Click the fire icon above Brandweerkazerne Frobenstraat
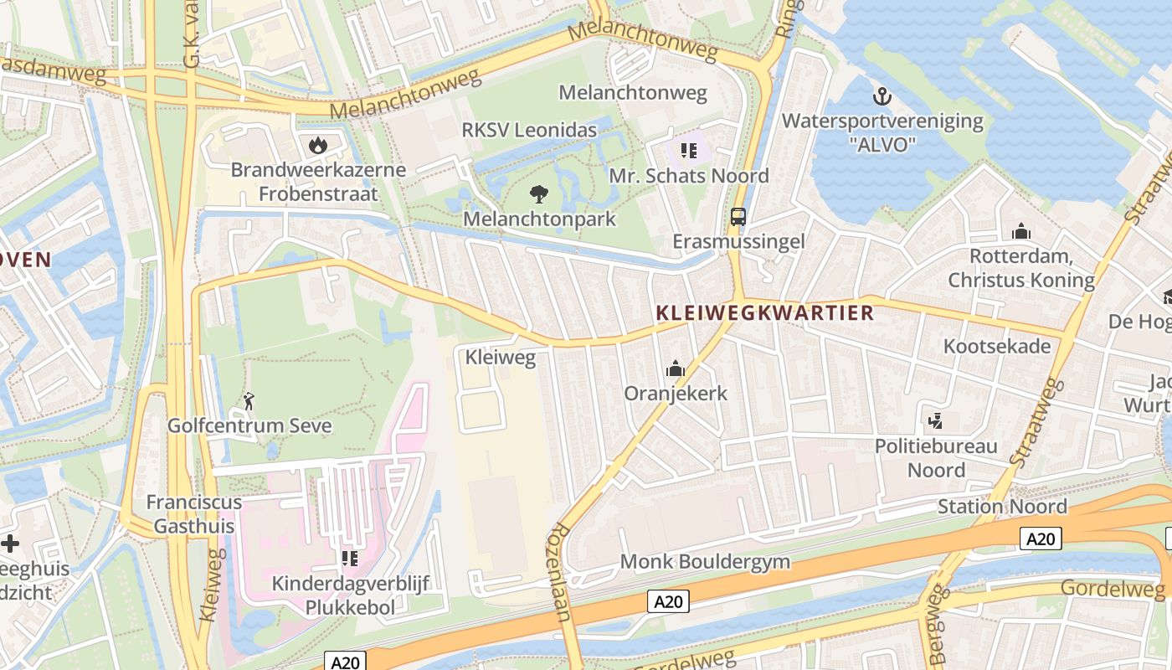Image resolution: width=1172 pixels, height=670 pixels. tap(317, 145)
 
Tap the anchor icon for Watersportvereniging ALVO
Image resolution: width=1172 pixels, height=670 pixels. tap(882, 97)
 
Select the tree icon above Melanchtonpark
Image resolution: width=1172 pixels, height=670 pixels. tap(540, 195)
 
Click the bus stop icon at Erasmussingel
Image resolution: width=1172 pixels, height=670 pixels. tap(738, 217)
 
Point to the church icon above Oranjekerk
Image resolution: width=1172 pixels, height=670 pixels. tap(676, 368)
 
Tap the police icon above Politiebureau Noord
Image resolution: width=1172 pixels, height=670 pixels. tap(936, 420)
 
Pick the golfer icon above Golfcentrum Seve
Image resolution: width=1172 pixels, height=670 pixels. tap(249, 401)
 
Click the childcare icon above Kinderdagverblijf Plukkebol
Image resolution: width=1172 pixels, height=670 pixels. tap(349, 558)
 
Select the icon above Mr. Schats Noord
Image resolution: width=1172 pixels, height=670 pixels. tap(689, 151)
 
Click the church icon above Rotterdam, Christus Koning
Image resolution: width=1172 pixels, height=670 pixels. tap(1021, 231)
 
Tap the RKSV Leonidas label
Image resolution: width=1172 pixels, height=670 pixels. tap(529, 130)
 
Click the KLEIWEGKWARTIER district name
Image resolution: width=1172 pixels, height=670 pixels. tap(765, 313)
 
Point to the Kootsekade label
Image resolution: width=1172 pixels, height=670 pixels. tap(996, 346)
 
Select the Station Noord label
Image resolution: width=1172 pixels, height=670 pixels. tap(1002, 507)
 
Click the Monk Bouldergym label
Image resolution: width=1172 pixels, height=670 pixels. tap(705, 561)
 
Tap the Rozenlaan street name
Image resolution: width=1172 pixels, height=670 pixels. tap(560, 573)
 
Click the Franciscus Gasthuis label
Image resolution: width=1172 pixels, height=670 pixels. tap(193, 513)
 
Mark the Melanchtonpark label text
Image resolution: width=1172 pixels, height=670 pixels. tap(540, 219)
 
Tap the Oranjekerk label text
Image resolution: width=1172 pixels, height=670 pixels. tap(676, 394)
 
